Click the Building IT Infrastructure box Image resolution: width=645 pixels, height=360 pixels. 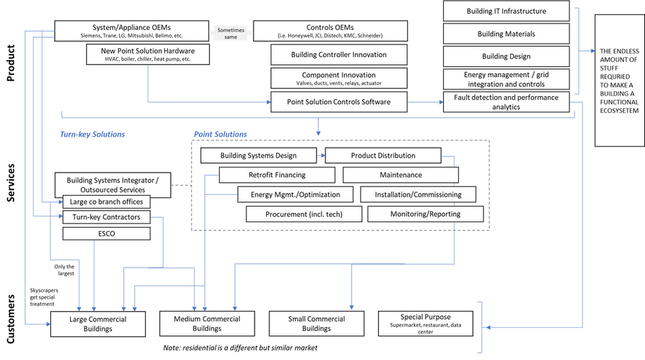[506, 11]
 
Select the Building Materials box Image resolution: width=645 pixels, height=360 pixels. [506, 34]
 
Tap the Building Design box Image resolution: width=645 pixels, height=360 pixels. [506, 56]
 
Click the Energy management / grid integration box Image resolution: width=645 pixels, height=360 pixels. [506, 79]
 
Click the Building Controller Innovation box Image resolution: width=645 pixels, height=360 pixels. [339, 55]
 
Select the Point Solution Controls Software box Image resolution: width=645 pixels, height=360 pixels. [339, 102]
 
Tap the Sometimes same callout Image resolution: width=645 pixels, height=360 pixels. [231, 34]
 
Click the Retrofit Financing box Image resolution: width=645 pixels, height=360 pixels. [277, 175]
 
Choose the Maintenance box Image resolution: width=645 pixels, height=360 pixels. [401, 175]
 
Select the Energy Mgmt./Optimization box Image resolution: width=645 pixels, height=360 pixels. [295, 194]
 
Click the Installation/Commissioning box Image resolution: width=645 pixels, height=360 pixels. [418, 194]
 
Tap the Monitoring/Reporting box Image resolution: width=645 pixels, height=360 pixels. [425, 214]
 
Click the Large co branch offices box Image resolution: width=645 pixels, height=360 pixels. [107, 202]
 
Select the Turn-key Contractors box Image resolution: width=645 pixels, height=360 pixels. [107, 217]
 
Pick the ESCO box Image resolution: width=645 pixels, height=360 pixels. [107, 234]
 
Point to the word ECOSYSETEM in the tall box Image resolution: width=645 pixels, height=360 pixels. [619, 111]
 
